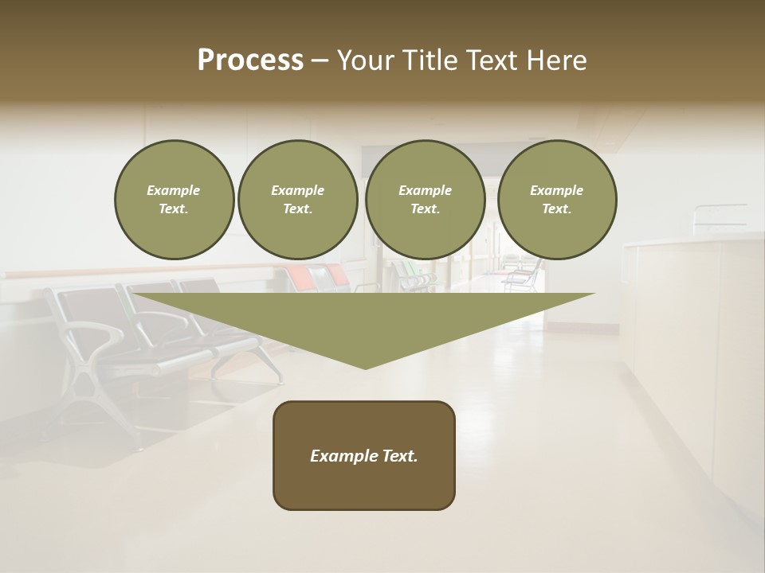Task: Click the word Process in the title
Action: point(250,60)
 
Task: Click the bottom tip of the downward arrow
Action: point(366,367)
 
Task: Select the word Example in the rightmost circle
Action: point(557,190)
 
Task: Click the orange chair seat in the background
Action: point(302,278)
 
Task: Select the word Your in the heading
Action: point(365,60)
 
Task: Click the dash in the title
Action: point(320,60)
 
